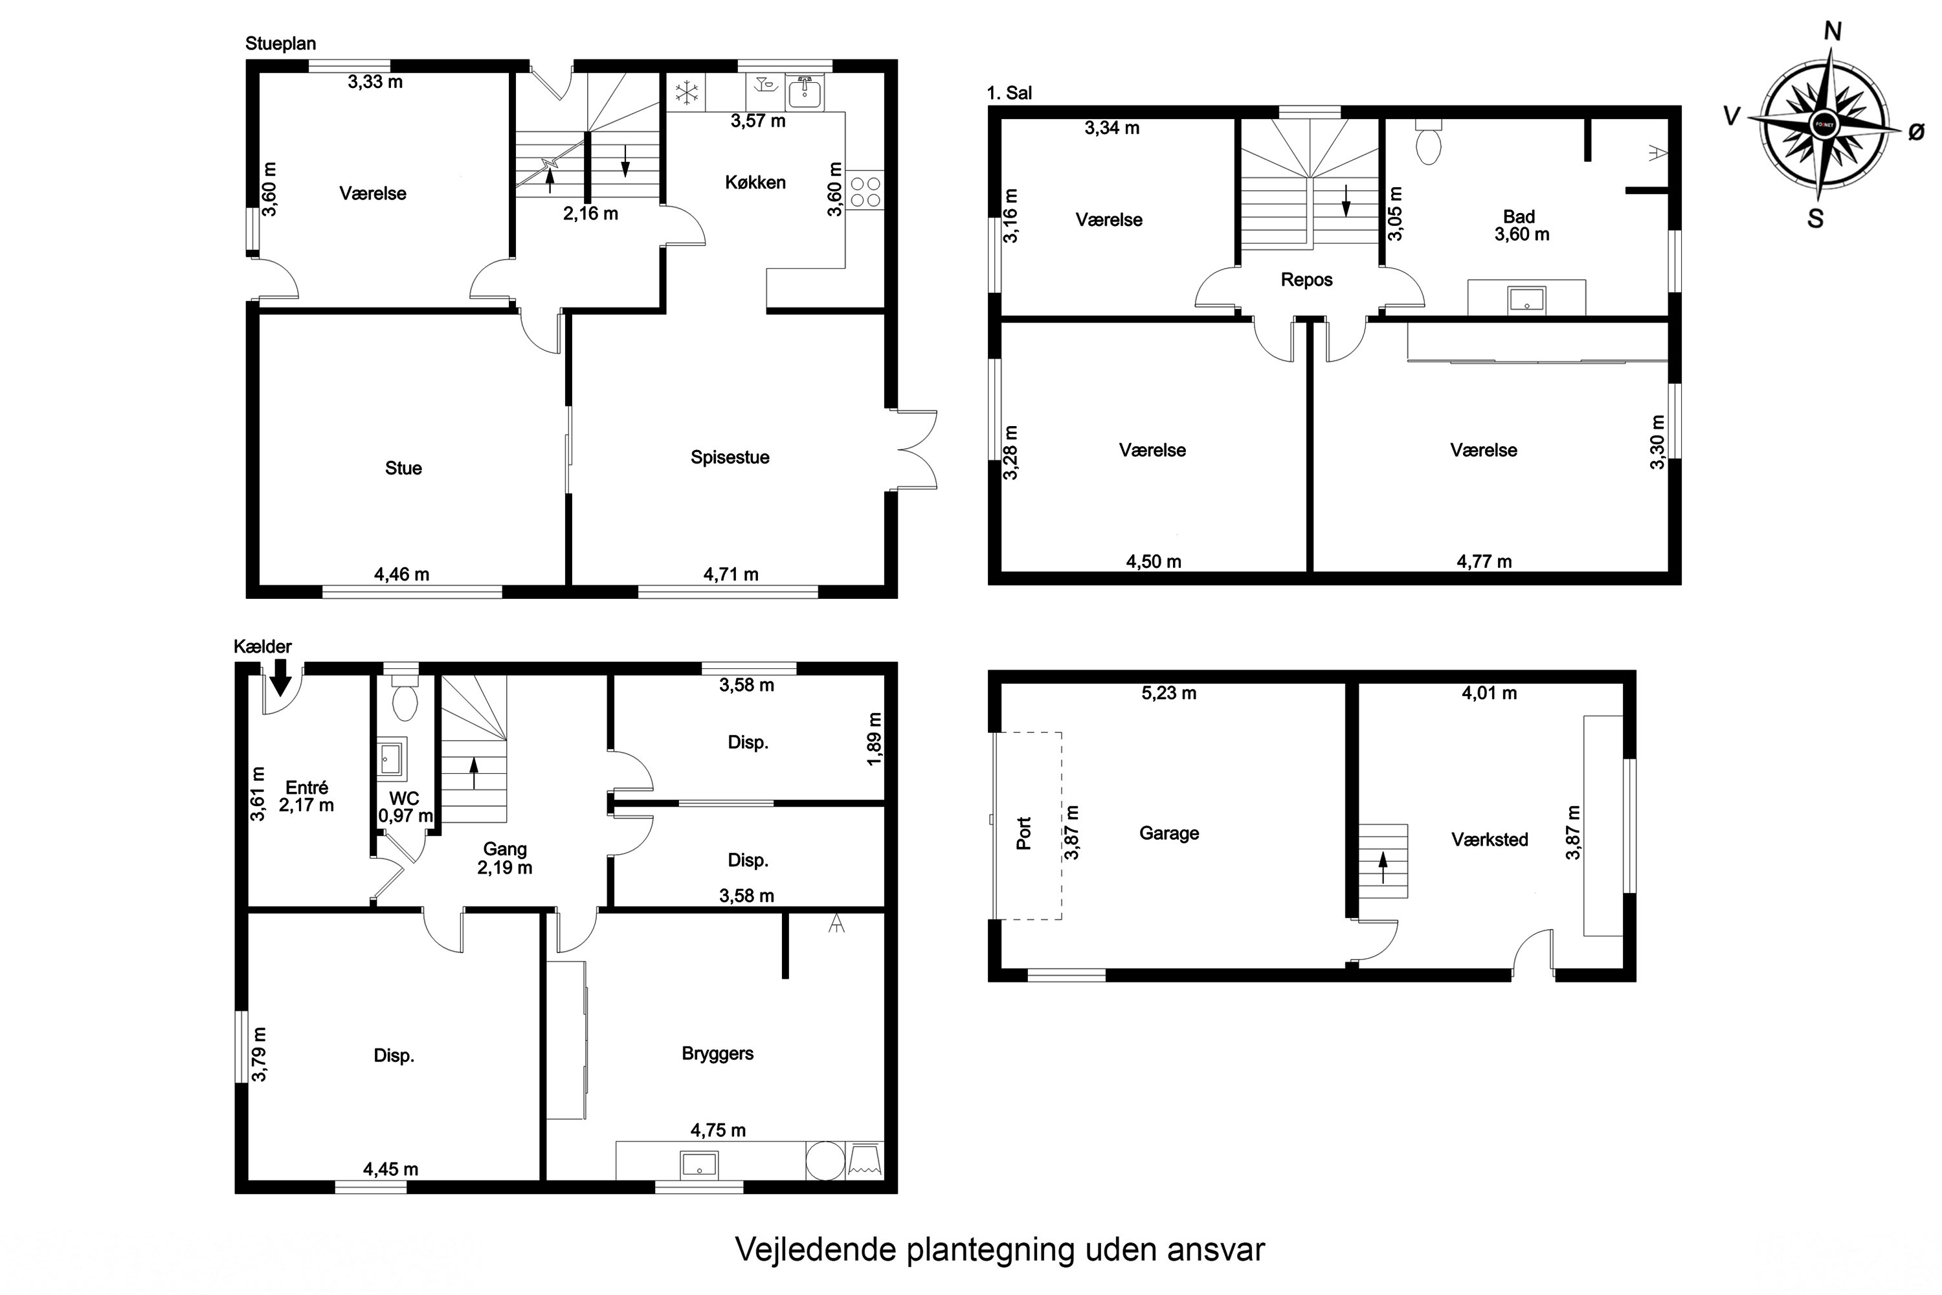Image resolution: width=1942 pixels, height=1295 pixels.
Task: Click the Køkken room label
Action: point(755,183)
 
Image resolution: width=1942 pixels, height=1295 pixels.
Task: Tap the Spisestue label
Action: point(730,458)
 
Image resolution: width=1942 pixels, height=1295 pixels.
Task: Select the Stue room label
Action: point(403,468)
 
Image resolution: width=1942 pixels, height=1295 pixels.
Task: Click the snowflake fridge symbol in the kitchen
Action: point(686,93)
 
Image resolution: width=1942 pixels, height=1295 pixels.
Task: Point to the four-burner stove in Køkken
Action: point(864,192)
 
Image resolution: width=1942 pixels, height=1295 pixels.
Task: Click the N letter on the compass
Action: point(1832,31)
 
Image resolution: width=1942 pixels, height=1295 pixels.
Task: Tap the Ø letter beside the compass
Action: point(1916,132)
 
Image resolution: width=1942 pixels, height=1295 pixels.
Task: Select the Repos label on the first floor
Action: point(1306,280)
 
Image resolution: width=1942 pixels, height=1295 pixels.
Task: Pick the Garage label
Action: point(1168,833)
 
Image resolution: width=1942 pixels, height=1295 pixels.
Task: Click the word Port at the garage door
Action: point(1024,833)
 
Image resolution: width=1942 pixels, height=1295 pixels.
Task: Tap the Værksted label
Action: point(1490,840)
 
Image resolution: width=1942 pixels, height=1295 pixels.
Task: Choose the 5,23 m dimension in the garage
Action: point(1168,693)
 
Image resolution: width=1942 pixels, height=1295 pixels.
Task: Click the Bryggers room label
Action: point(717,1054)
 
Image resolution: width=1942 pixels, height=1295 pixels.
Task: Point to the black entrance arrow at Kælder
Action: point(281,677)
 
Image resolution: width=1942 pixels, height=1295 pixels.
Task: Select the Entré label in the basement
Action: point(306,788)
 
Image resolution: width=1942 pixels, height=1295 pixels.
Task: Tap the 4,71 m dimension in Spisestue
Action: point(731,575)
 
